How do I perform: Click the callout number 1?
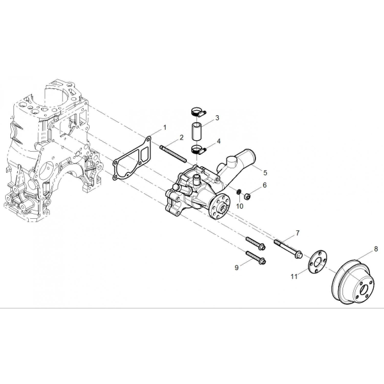[x=165, y=127]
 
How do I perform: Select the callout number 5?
[x=265, y=173]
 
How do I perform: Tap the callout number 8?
[x=376, y=249]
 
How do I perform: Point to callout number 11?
[x=294, y=276]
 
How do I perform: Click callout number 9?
[x=237, y=268]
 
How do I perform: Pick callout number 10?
[x=240, y=206]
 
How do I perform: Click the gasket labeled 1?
[x=132, y=159]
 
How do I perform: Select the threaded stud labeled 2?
[x=173, y=154]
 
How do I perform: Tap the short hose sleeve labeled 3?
[x=196, y=132]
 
